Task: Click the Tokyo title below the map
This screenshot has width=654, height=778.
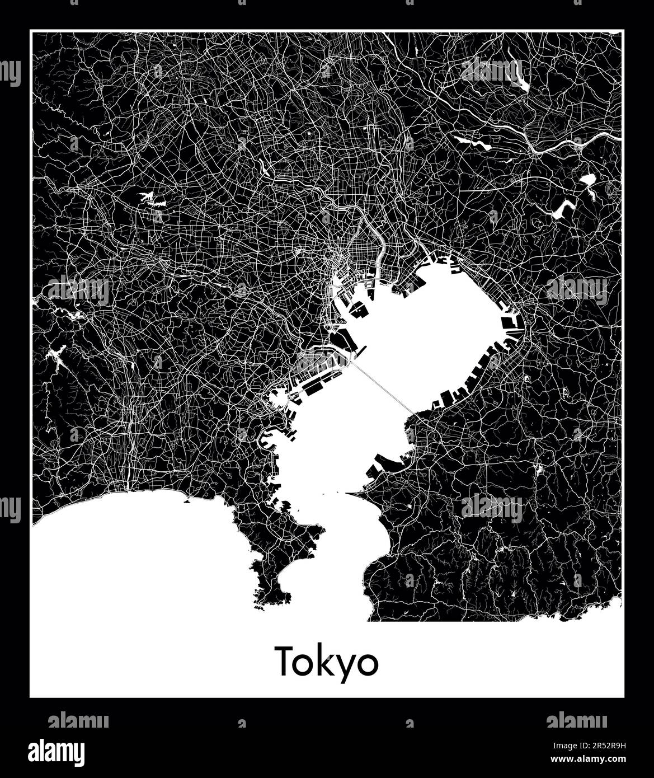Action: click(327, 662)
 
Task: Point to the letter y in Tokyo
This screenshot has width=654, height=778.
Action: click(345, 666)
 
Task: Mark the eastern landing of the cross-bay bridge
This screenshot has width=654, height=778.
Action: click(412, 415)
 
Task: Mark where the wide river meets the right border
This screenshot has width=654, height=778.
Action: click(620, 136)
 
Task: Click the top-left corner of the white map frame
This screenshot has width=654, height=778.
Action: click(31, 31)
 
